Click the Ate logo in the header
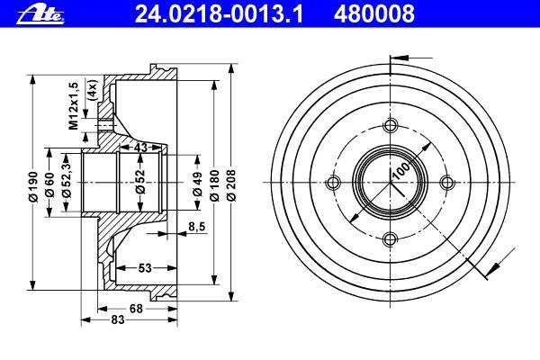click(40, 14)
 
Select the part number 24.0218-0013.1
click(219, 14)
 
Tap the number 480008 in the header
click(374, 14)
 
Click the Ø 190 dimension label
click(33, 186)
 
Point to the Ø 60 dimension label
click(50, 184)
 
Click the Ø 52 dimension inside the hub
click(139, 182)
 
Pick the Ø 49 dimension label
click(197, 184)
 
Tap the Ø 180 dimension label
click(214, 185)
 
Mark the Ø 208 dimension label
click(231, 185)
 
